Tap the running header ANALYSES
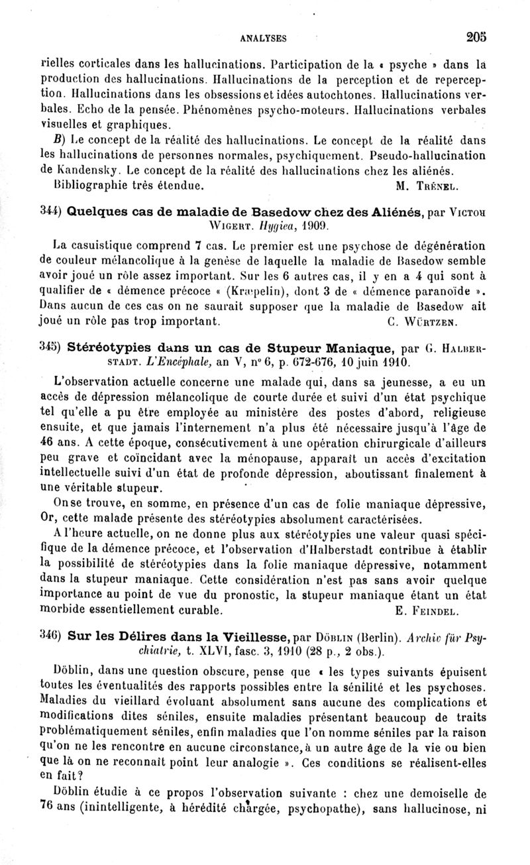[x=264, y=39]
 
